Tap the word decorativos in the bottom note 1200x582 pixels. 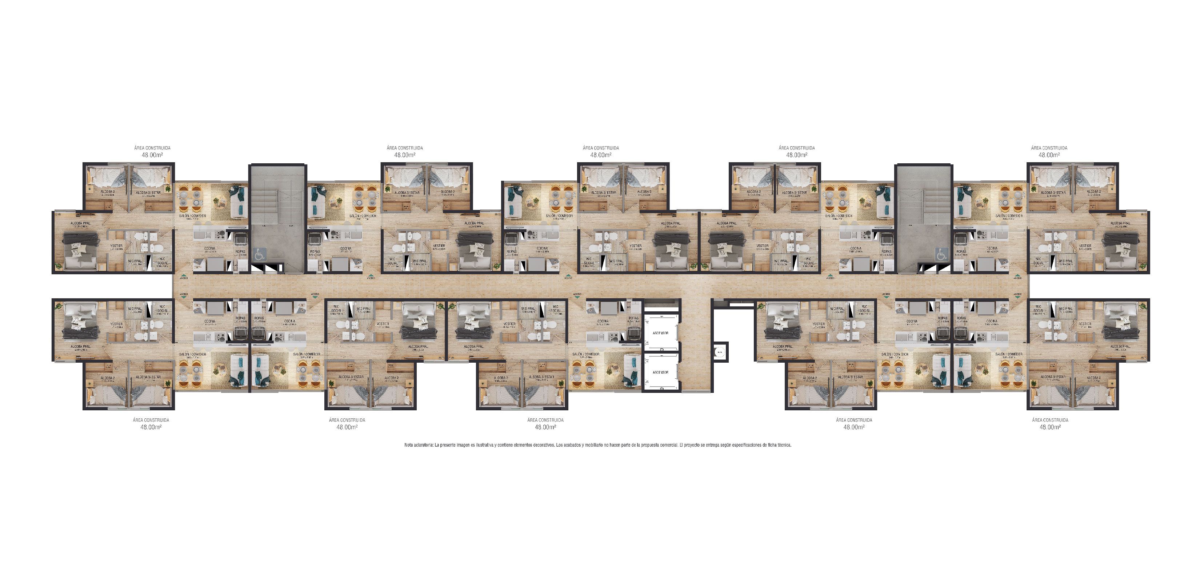pos(540,445)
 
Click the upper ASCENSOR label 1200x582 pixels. pos(661,333)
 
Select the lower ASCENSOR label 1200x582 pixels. pos(661,372)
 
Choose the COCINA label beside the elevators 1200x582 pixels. pos(603,321)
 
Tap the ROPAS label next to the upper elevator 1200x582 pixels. pos(633,318)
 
